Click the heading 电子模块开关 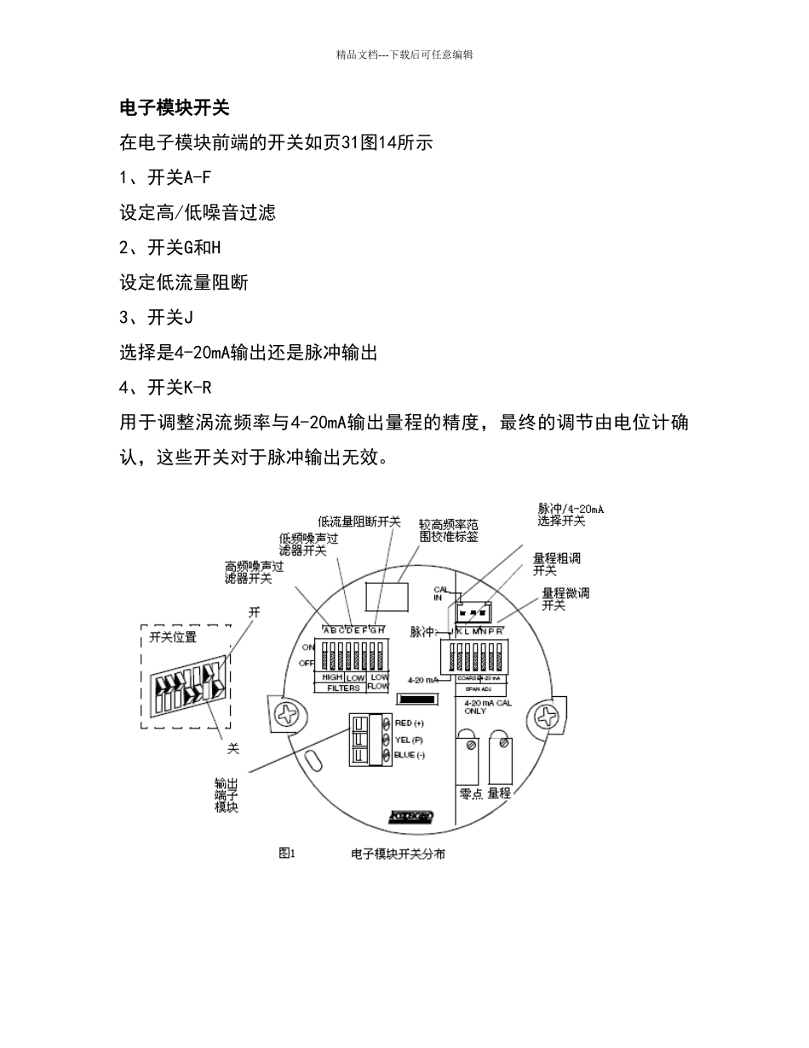174,108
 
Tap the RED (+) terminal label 409,723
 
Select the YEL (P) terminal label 409,740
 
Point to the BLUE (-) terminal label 410,756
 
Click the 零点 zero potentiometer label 471,793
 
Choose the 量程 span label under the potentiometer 499,793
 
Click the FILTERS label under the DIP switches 344,687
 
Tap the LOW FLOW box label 378,682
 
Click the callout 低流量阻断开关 359,521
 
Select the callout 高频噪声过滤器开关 254,572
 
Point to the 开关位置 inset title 173,636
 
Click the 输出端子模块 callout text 227,795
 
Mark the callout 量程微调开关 565,598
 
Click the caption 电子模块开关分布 398,853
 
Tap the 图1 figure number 286,853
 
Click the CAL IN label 439,593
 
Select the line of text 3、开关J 157,318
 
